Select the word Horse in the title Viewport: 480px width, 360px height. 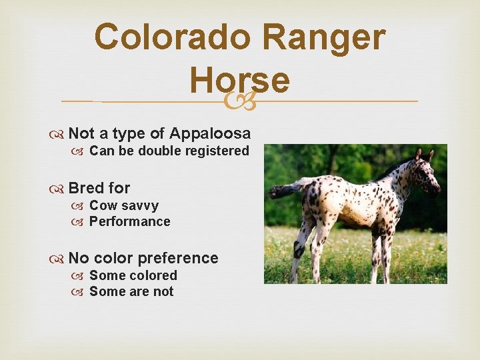239,79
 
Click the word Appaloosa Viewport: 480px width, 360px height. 210,133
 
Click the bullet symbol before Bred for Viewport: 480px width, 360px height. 59,189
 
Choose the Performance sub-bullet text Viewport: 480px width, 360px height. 129,222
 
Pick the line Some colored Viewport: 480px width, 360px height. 133,275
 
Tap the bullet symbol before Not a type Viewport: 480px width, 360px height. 59,134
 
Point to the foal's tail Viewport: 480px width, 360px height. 283,189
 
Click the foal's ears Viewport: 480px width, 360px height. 424,155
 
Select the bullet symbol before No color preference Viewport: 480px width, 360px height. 59,259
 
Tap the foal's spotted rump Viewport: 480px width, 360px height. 317,197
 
